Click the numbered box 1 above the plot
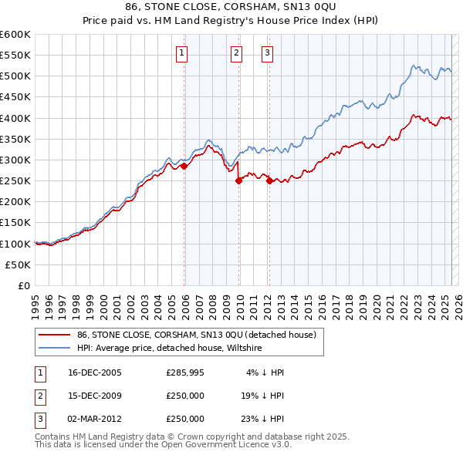181,53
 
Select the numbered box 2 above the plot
235,53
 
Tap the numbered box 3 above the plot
267,53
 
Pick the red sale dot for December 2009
238,181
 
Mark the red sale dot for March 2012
269,181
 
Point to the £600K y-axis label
15,35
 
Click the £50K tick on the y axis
19,265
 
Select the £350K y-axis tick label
15,140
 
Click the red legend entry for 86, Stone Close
197,335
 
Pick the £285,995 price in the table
185,372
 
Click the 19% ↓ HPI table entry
262,396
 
